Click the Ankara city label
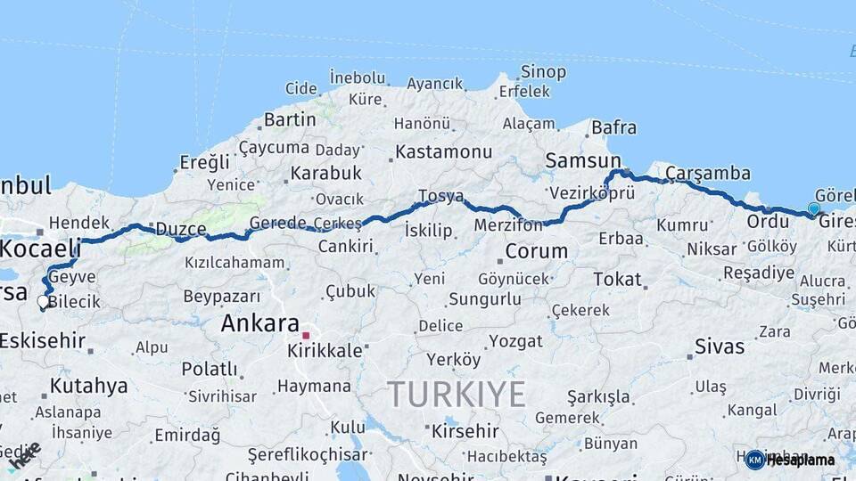[259, 323]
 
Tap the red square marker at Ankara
[306, 336]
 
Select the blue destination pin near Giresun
[813, 209]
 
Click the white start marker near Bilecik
[43, 302]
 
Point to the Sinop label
[543, 72]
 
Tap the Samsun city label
[583, 160]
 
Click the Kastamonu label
[443, 151]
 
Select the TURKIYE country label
[456, 394]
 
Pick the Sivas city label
[719, 346]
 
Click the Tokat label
[617, 280]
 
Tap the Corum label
[536, 251]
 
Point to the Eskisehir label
[42, 340]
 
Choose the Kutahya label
[88, 386]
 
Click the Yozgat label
[516, 341]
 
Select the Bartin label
[290, 118]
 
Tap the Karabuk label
[325, 173]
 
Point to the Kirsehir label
[465, 431]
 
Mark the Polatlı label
[210, 368]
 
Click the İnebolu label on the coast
[358, 77]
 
